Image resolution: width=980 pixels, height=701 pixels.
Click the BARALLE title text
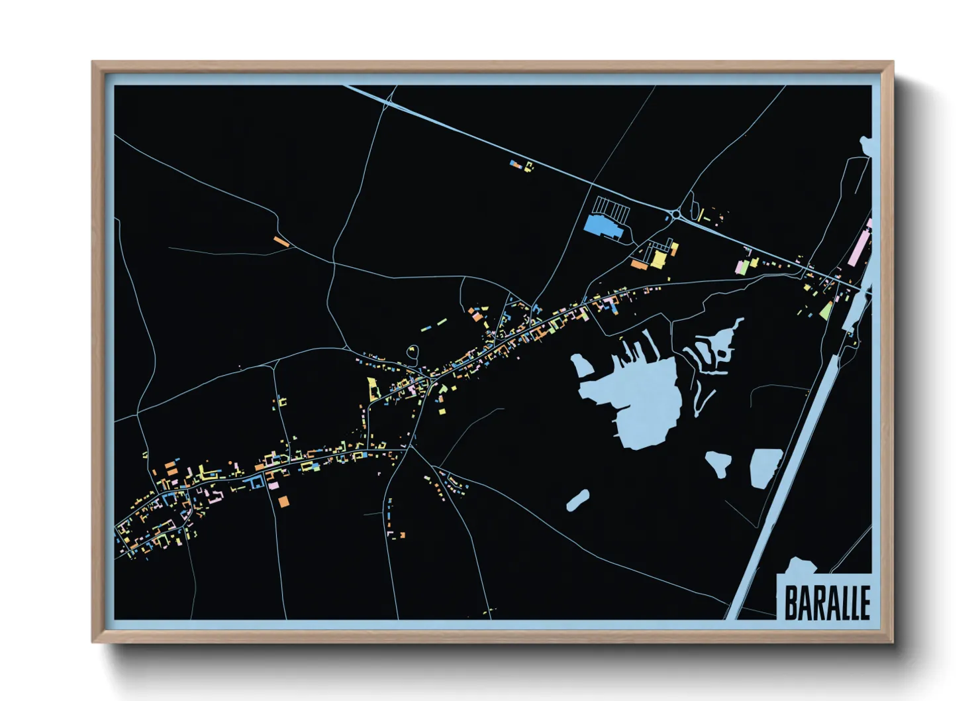coord(826,602)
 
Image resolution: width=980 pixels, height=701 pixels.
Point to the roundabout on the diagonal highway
coord(675,215)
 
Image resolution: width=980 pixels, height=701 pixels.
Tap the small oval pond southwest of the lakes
coord(578,500)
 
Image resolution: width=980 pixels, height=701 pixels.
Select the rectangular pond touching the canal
coord(765,467)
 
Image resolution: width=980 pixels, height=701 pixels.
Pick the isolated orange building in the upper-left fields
coord(281,241)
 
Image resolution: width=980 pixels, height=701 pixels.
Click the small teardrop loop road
coord(413,352)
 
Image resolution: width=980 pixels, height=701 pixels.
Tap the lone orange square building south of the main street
coord(283,501)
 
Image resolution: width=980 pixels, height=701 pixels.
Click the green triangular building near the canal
coord(826,311)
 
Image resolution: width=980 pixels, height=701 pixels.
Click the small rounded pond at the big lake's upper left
coord(583,364)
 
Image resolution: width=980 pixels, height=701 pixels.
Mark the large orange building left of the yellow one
coord(639,264)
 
